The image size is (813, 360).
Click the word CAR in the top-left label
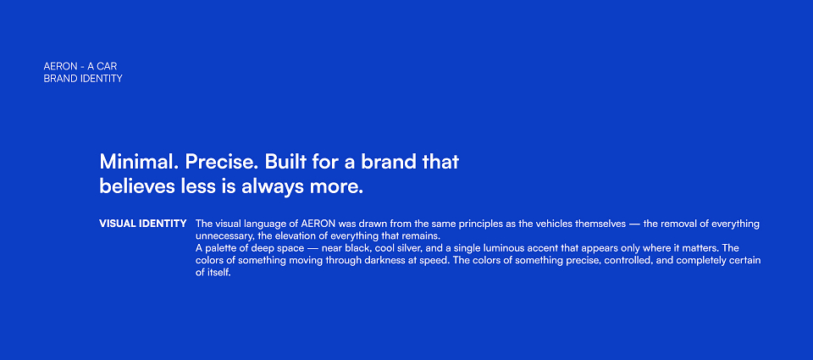pos(107,66)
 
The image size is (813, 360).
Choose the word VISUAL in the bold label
pos(118,224)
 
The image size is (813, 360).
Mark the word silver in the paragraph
pos(406,248)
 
